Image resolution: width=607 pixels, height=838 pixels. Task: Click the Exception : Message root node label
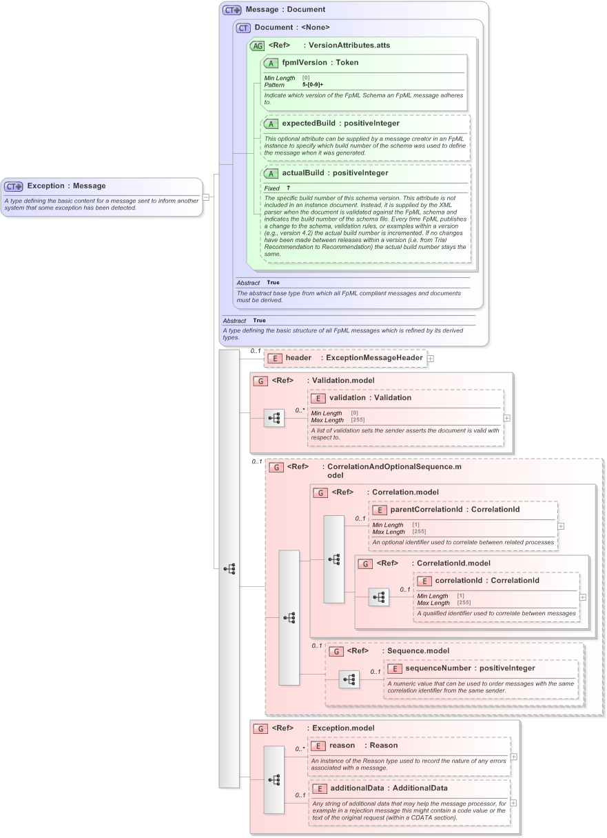pyautogui.click(x=66, y=186)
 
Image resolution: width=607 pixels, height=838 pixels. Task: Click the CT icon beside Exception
pyautogui.click(x=14, y=186)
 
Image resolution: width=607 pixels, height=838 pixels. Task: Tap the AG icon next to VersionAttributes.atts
pyautogui.click(x=257, y=46)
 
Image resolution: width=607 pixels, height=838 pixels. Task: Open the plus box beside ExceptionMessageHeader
pyautogui.click(x=431, y=359)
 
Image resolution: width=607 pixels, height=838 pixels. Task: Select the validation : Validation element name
pyautogui.click(x=370, y=398)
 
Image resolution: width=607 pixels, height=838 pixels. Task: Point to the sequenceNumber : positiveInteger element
pyautogui.click(x=469, y=668)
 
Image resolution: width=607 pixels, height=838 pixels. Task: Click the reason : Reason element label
pyautogui.click(x=362, y=746)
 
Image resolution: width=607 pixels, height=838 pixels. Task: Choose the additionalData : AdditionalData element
pyautogui.click(x=389, y=788)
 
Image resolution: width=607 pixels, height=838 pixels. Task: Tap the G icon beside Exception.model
pyautogui.click(x=260, y=728)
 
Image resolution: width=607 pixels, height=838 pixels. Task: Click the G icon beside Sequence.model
pyautogui.click(x=336, y=651)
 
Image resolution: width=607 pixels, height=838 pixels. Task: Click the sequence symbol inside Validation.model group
pyautogui.click(x=274, y=418)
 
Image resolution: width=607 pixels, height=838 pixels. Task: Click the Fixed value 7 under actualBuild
pyautogui.click(x=288, y=188)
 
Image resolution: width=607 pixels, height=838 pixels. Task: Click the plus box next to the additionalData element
pyautogui.click(x=513, y=803)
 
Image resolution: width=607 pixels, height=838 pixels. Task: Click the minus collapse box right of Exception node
pyautogui.click(x=206, y=197)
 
